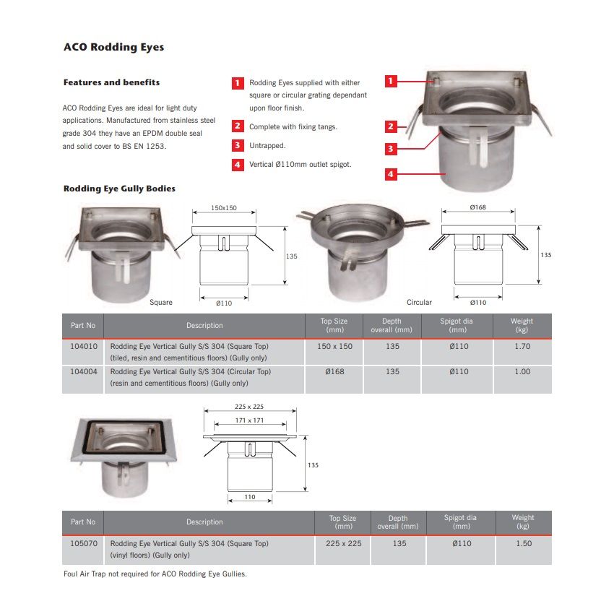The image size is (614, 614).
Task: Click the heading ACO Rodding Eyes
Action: pyautogui.click(x=113, y=48)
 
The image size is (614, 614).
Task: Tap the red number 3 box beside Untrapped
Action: pyautogui.click(x=238, y=145)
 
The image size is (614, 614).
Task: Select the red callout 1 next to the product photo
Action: pyautogui.click(x=391, y=81)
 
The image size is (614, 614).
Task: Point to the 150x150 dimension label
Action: pyautogui.click(x=224, y=207)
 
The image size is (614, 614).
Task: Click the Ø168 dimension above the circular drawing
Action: pyautogui.click(x=477, y=207)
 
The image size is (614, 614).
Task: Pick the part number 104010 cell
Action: pyautogui.click(x=82, y=346)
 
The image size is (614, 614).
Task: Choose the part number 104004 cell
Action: pyautogui.click(x=82, y=371)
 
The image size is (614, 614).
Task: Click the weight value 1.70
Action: pyautogui.click(x=522, y=346)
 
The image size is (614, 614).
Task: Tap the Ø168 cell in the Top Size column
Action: pyautogui.click(x=334, y=371)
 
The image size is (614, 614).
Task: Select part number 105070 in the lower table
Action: pyautogui.click(x=82, y=543)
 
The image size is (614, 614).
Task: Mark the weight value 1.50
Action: pyautogui.click(x=524, y=543)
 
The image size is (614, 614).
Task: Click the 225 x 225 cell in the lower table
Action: pyautogui.click(x=343, y=543)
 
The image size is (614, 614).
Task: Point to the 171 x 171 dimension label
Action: pyautogui.click(x=249, y=420)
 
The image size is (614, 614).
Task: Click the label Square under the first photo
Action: pyautogui.click(x=160, y=302)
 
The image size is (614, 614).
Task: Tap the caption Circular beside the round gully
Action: pyautogui.click(x=419, y=302)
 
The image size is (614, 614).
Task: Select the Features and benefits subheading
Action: pyautogui.click(x=111, y=82)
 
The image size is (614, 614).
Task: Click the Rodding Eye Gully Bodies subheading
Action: pyautogui.click(x=119, y=189)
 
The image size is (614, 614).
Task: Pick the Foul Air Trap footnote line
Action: pyautogui.click(x=155, y=574)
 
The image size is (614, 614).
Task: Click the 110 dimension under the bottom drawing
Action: pyautogui.click(x=249, y=497)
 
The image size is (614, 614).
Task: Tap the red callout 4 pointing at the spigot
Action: pyautogui.click(x=391, y=174)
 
